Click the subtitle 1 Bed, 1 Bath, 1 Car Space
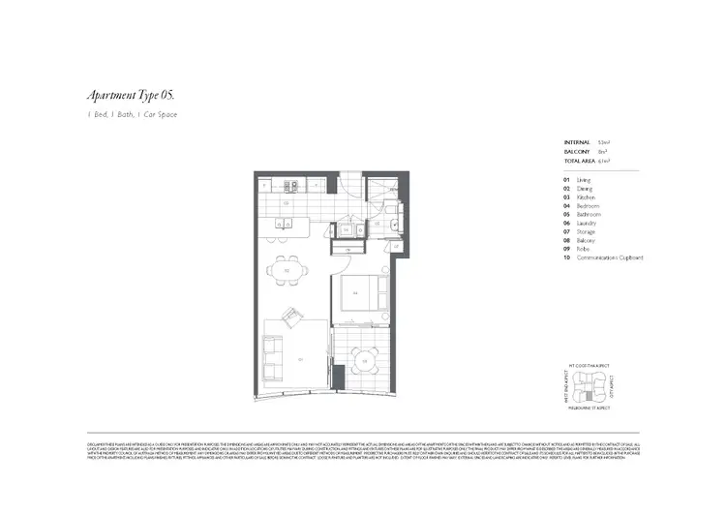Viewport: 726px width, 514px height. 132,115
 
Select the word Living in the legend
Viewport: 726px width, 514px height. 583,179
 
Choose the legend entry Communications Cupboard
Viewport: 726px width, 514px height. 610,257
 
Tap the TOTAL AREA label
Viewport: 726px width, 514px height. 581,160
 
